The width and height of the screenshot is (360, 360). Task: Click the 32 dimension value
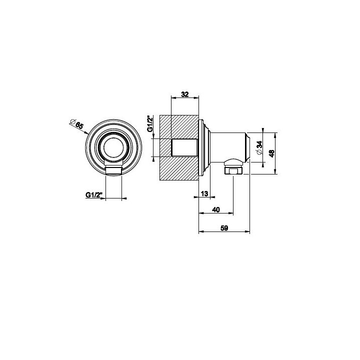point(185,94)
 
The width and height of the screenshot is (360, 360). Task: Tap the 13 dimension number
point(204,193)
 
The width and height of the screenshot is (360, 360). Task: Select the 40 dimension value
point(216,209)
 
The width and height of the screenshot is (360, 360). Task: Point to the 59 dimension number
point(224,228)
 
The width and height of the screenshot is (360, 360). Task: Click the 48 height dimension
point(272,153)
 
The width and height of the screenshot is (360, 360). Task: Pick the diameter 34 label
point(259,147)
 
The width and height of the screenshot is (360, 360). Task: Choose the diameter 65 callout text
point(76,124)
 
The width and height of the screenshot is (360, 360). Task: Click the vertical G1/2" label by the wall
point(150,123)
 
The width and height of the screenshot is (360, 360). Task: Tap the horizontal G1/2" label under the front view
point(93,195)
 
